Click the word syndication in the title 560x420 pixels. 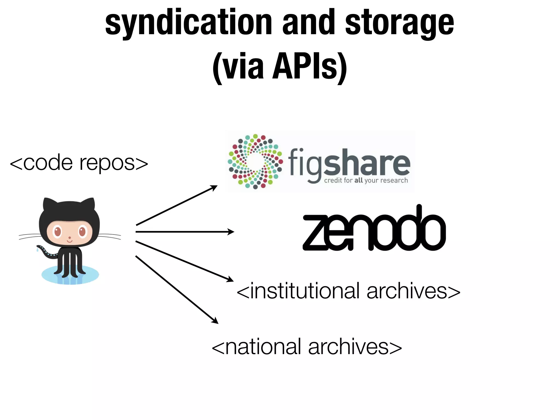[189, 23]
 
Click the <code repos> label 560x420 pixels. [79, 163]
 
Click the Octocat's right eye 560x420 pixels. [82, 232]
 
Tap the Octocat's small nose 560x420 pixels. [70, 238]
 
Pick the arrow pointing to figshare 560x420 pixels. [176, 205]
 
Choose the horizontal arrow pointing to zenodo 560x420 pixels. [185, 232]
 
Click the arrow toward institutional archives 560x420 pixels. [185, 261]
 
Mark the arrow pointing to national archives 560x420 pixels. [177, 290]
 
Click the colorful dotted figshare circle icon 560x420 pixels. [255, 161]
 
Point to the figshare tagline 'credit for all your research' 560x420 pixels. [366, 180]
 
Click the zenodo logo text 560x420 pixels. [374, 230]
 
